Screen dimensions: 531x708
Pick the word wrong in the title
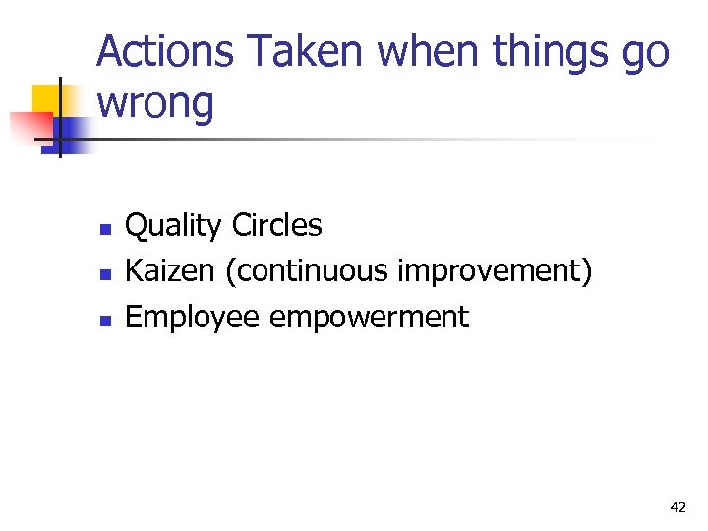pos(155,104)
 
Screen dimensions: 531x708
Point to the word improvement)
pos(494,272)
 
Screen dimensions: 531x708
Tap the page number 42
pos(678,507)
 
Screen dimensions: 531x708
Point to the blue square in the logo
pos(71,133)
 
